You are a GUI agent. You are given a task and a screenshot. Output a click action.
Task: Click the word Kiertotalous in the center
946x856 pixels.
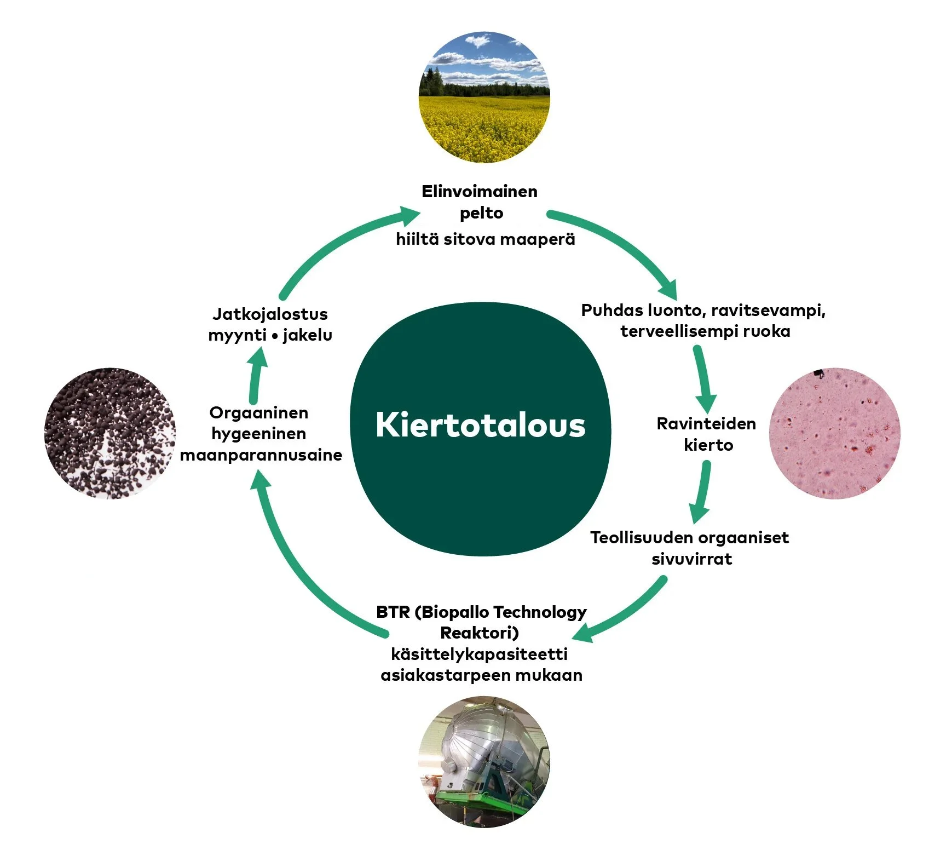point(480,426)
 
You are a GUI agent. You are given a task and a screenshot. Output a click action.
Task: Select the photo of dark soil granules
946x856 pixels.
point(109,433)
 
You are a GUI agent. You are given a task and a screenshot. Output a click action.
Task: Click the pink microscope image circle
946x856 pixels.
point(834,433)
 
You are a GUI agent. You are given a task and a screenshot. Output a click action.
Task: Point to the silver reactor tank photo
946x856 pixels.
point(484,761)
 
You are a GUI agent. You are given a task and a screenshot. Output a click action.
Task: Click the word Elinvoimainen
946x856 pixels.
point(480,192)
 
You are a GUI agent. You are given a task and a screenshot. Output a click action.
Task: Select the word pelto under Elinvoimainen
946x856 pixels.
point(481,213)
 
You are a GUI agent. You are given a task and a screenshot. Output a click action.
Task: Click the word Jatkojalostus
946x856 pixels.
point(270,314)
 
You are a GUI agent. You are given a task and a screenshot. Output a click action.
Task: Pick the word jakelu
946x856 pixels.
point(307,335)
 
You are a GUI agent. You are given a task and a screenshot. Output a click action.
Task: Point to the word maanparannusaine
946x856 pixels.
point(261,455)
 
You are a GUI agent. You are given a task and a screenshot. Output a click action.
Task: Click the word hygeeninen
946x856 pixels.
point(258,434)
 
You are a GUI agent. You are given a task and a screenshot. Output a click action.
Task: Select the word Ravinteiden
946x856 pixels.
point(706,424)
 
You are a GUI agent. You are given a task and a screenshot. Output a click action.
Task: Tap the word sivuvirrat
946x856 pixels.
point(691,559)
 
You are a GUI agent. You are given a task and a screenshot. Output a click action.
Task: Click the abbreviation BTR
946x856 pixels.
point(393,612)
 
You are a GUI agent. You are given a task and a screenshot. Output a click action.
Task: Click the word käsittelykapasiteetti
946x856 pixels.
point(480,654)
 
